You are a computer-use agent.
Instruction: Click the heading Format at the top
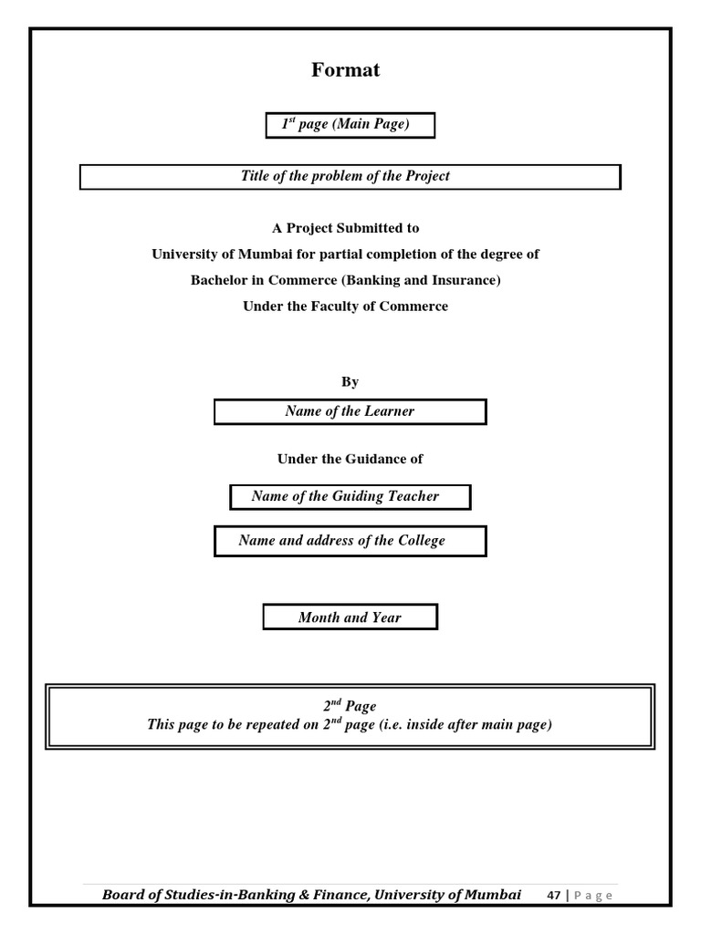(345, 70)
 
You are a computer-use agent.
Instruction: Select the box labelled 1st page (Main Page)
(350, 125)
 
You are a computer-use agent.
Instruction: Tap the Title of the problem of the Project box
(350, 176)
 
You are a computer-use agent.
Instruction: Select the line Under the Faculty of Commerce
(345, 306)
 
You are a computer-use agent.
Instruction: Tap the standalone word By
(350, 382)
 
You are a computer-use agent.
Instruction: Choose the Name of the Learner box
(350, 411)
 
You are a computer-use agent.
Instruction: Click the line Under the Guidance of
(350, 459)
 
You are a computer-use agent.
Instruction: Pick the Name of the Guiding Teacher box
(350, 497)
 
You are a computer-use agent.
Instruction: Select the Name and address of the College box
(350, 541)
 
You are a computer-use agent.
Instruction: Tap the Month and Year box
(350, 617)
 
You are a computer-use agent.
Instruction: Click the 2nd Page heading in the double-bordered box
(350, 706)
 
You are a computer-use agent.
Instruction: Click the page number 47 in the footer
(553, 896)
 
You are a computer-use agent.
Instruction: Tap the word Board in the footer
(123, 895)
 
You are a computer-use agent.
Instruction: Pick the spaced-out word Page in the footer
(593, 896)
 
